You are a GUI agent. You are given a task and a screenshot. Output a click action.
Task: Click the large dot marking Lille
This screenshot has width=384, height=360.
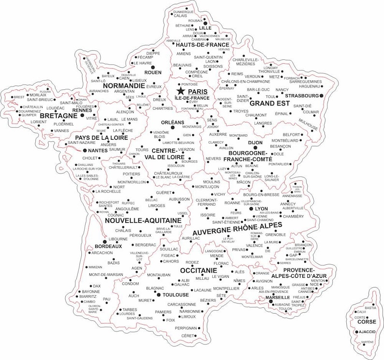206,23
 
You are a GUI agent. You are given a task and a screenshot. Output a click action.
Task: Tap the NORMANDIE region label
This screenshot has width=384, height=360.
124,86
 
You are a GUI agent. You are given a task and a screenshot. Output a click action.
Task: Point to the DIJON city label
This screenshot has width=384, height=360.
255,143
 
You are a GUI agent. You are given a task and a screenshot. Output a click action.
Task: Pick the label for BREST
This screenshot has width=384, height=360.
19,97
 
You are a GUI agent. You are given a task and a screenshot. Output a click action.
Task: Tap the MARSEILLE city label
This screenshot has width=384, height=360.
278,297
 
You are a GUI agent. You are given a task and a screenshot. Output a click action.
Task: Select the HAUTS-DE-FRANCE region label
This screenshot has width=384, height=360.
202,45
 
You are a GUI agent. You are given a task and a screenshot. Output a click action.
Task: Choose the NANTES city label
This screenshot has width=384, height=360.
98,151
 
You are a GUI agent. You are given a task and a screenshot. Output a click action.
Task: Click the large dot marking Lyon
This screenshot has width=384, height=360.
251,208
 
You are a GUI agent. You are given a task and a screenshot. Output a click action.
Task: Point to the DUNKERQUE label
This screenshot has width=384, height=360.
183,12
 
